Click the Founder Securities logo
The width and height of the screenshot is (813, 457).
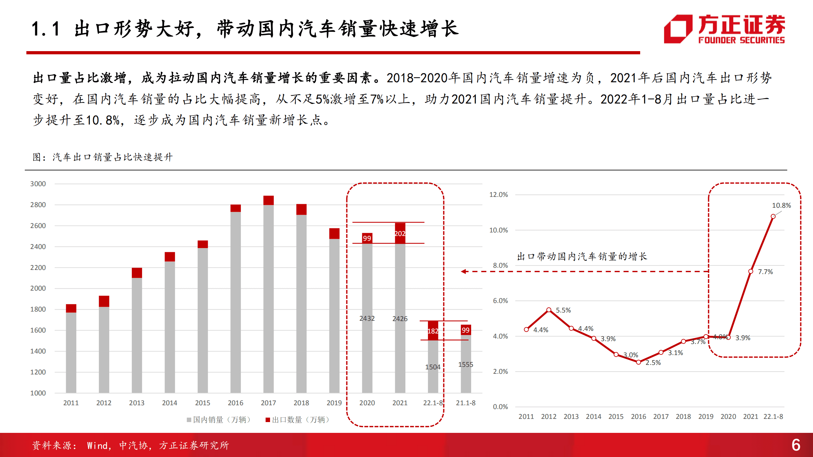[x=724, y=29]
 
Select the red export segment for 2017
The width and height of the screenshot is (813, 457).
[x=268, y=200]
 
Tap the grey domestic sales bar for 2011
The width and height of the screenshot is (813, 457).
[x=71, y=353]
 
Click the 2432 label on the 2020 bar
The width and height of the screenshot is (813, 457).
[x=367, y=318]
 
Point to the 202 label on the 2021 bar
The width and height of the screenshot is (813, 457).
[x=400, y=234]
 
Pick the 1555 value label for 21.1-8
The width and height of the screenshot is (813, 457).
[x=465, y=365]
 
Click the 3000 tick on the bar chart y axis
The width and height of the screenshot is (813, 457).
[x=38, y=184]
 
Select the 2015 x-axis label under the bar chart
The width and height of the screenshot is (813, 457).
[x=202, y=403]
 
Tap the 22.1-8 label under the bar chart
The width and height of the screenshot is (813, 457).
[x=433, y=403]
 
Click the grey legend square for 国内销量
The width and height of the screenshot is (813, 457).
[x=189, y=420]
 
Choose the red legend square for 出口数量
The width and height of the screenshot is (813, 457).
[x=268, y=420]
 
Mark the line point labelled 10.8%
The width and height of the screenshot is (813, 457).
[x=773, y=217]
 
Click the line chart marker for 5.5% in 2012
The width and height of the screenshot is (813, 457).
[x=549, y=310]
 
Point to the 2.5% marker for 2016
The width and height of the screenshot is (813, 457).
[x=638, y=362]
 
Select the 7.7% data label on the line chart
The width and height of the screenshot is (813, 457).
[x=765, y=272]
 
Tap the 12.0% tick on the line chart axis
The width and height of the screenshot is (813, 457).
[x=498, y=195]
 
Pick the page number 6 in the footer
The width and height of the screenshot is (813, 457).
[x=796, y=445]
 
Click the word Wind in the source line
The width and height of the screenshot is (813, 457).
[x=97, y=446]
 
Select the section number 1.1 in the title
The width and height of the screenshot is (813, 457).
[x=46, y=29]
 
